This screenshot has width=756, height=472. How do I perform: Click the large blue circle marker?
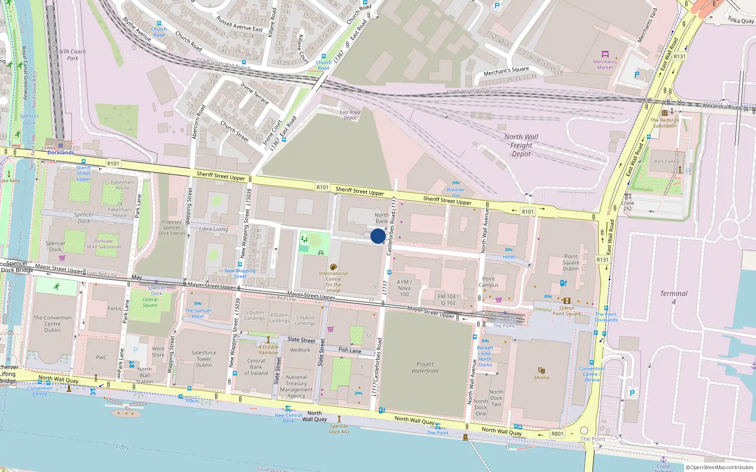coord(378,236)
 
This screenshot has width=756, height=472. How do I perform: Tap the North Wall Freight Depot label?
coord(521,145)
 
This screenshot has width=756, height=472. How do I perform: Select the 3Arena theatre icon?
coord(541,371)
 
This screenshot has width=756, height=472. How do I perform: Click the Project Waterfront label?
coord(425,367)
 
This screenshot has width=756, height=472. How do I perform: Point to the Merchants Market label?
coord(605,64)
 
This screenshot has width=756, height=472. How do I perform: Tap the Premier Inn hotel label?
coord(455,192)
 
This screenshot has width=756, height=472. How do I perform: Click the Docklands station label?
coord(60,152)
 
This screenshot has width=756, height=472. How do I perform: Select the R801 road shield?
coord(558,433)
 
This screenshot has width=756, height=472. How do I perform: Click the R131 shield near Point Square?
coord(602,260)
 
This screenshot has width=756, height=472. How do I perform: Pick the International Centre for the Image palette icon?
coord(334,267)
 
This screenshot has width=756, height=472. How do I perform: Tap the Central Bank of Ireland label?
coord(256,367)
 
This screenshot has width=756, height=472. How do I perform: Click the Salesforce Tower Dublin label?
coord(204,359)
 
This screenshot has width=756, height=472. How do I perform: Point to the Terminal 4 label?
coord(674,297)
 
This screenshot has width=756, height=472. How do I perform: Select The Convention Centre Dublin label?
coord(52,324)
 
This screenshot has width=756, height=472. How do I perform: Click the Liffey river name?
coord(122,447)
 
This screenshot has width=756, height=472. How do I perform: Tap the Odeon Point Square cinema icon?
coord(567,301)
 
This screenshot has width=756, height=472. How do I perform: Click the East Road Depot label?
coord(350,115)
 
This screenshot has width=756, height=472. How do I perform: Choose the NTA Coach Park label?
coord(73,55)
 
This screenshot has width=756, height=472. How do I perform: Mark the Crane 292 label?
coord(627,206)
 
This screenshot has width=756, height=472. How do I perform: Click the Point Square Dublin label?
coord(571,262)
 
